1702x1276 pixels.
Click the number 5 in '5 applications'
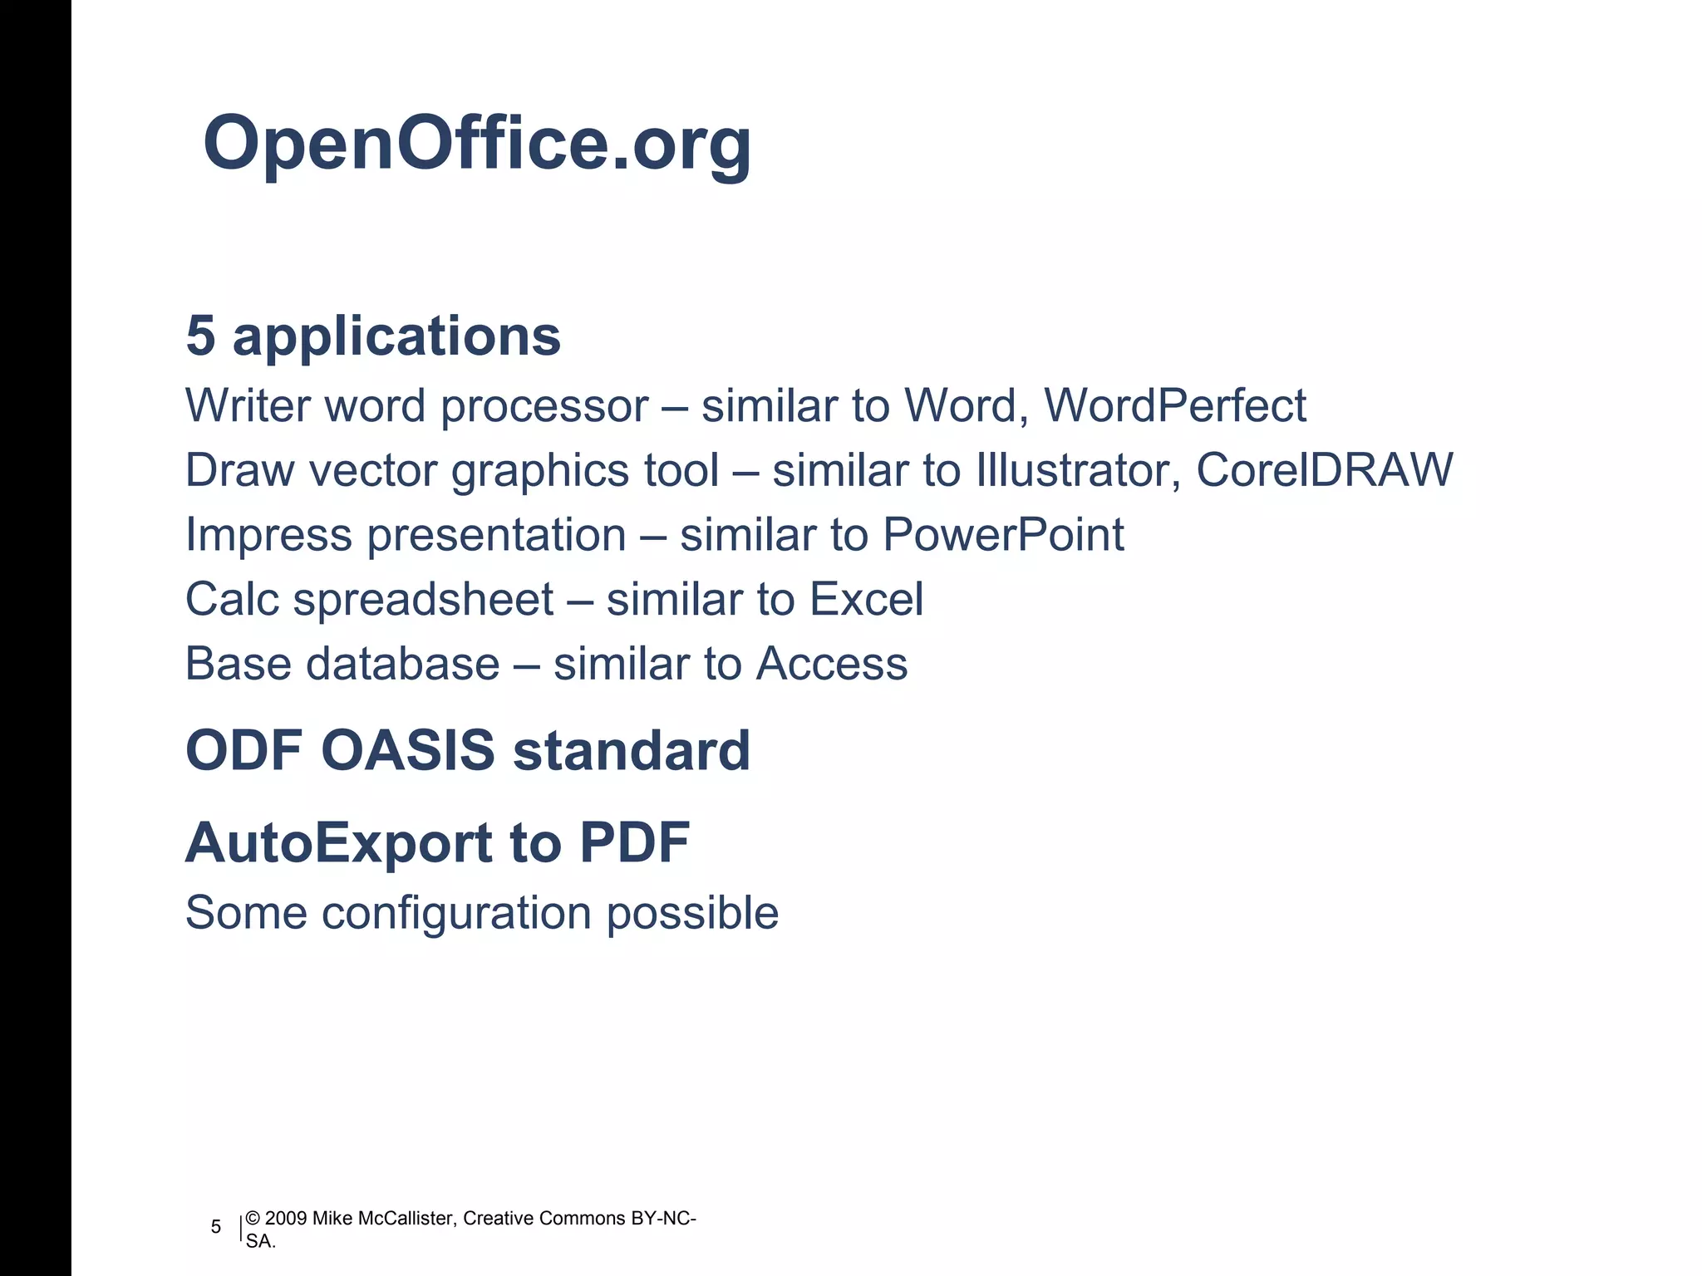point(200,336)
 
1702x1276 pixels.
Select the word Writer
point(248,406)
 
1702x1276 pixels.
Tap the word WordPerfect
point(1174,406)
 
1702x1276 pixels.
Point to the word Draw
point(239,470)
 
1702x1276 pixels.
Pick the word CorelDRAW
point(1324,470)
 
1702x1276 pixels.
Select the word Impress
point(268,535)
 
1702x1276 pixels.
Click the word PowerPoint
point(1003,535)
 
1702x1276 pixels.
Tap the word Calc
point(232,599)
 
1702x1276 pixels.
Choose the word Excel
point(866,599)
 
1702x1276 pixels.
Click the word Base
point(238,664)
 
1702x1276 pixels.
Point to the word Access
point(832,664)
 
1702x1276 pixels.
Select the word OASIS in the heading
point(407,751)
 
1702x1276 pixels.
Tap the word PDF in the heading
point(635,843)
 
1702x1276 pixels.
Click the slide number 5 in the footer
point(216,1227)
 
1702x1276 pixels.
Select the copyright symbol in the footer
point(253,1219)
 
